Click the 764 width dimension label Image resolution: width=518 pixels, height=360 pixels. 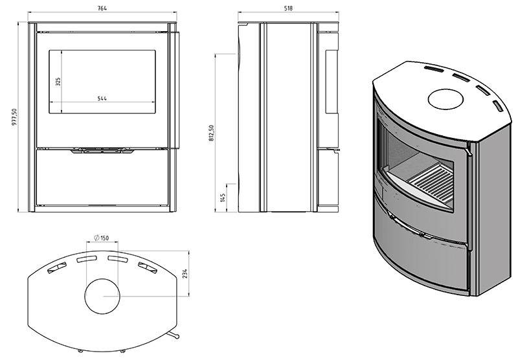[102, 8]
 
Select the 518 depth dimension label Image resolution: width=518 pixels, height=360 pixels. [288, 8]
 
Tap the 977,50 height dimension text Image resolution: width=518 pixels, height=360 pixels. [14, 117]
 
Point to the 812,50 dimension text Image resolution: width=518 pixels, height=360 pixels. [212, 133]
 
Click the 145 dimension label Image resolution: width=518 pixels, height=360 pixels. [223, 198]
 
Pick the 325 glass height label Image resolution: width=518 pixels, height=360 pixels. [58, 82]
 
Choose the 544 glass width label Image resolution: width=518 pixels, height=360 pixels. [102, 98]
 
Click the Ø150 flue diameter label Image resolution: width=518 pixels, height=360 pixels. [102, 238]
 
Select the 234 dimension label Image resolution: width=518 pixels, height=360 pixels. [185, 274]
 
